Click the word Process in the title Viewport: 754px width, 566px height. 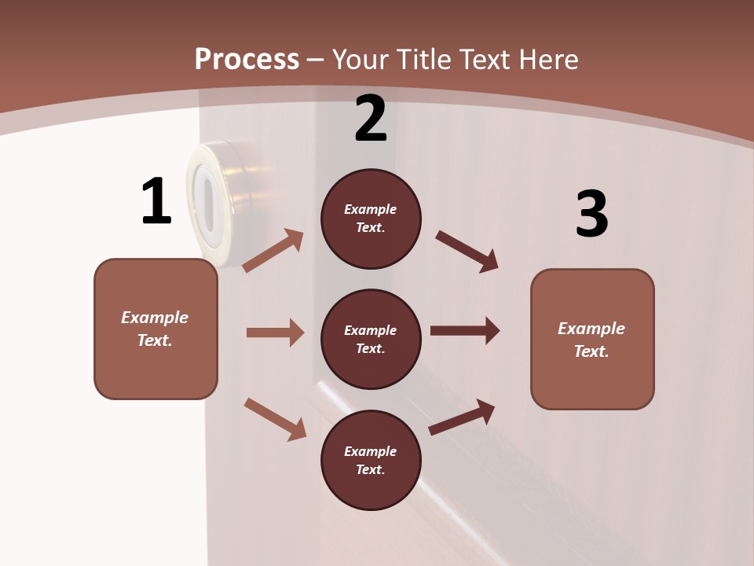coord(247,59)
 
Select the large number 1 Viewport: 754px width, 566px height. coord(156,201)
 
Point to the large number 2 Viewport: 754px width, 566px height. coord(371,119)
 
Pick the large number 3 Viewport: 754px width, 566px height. coord(591,215)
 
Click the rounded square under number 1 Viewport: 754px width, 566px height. coord(156,329)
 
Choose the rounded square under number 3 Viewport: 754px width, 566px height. coord(592,339)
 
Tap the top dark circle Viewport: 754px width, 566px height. coord(371,219)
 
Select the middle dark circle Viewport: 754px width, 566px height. coord(371,339)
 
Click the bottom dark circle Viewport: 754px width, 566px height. coord(371,460)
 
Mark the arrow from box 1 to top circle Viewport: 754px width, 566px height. coord(273,251)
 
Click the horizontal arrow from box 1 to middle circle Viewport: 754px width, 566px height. coord(275,333)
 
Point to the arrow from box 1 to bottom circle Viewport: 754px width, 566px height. coord(275,419)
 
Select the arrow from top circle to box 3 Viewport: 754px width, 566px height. coord(467,251)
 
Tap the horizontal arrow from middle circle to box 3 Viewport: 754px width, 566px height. coord(465,330)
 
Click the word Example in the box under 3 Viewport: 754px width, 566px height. coord(591,329)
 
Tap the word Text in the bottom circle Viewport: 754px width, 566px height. coord(369,469)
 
